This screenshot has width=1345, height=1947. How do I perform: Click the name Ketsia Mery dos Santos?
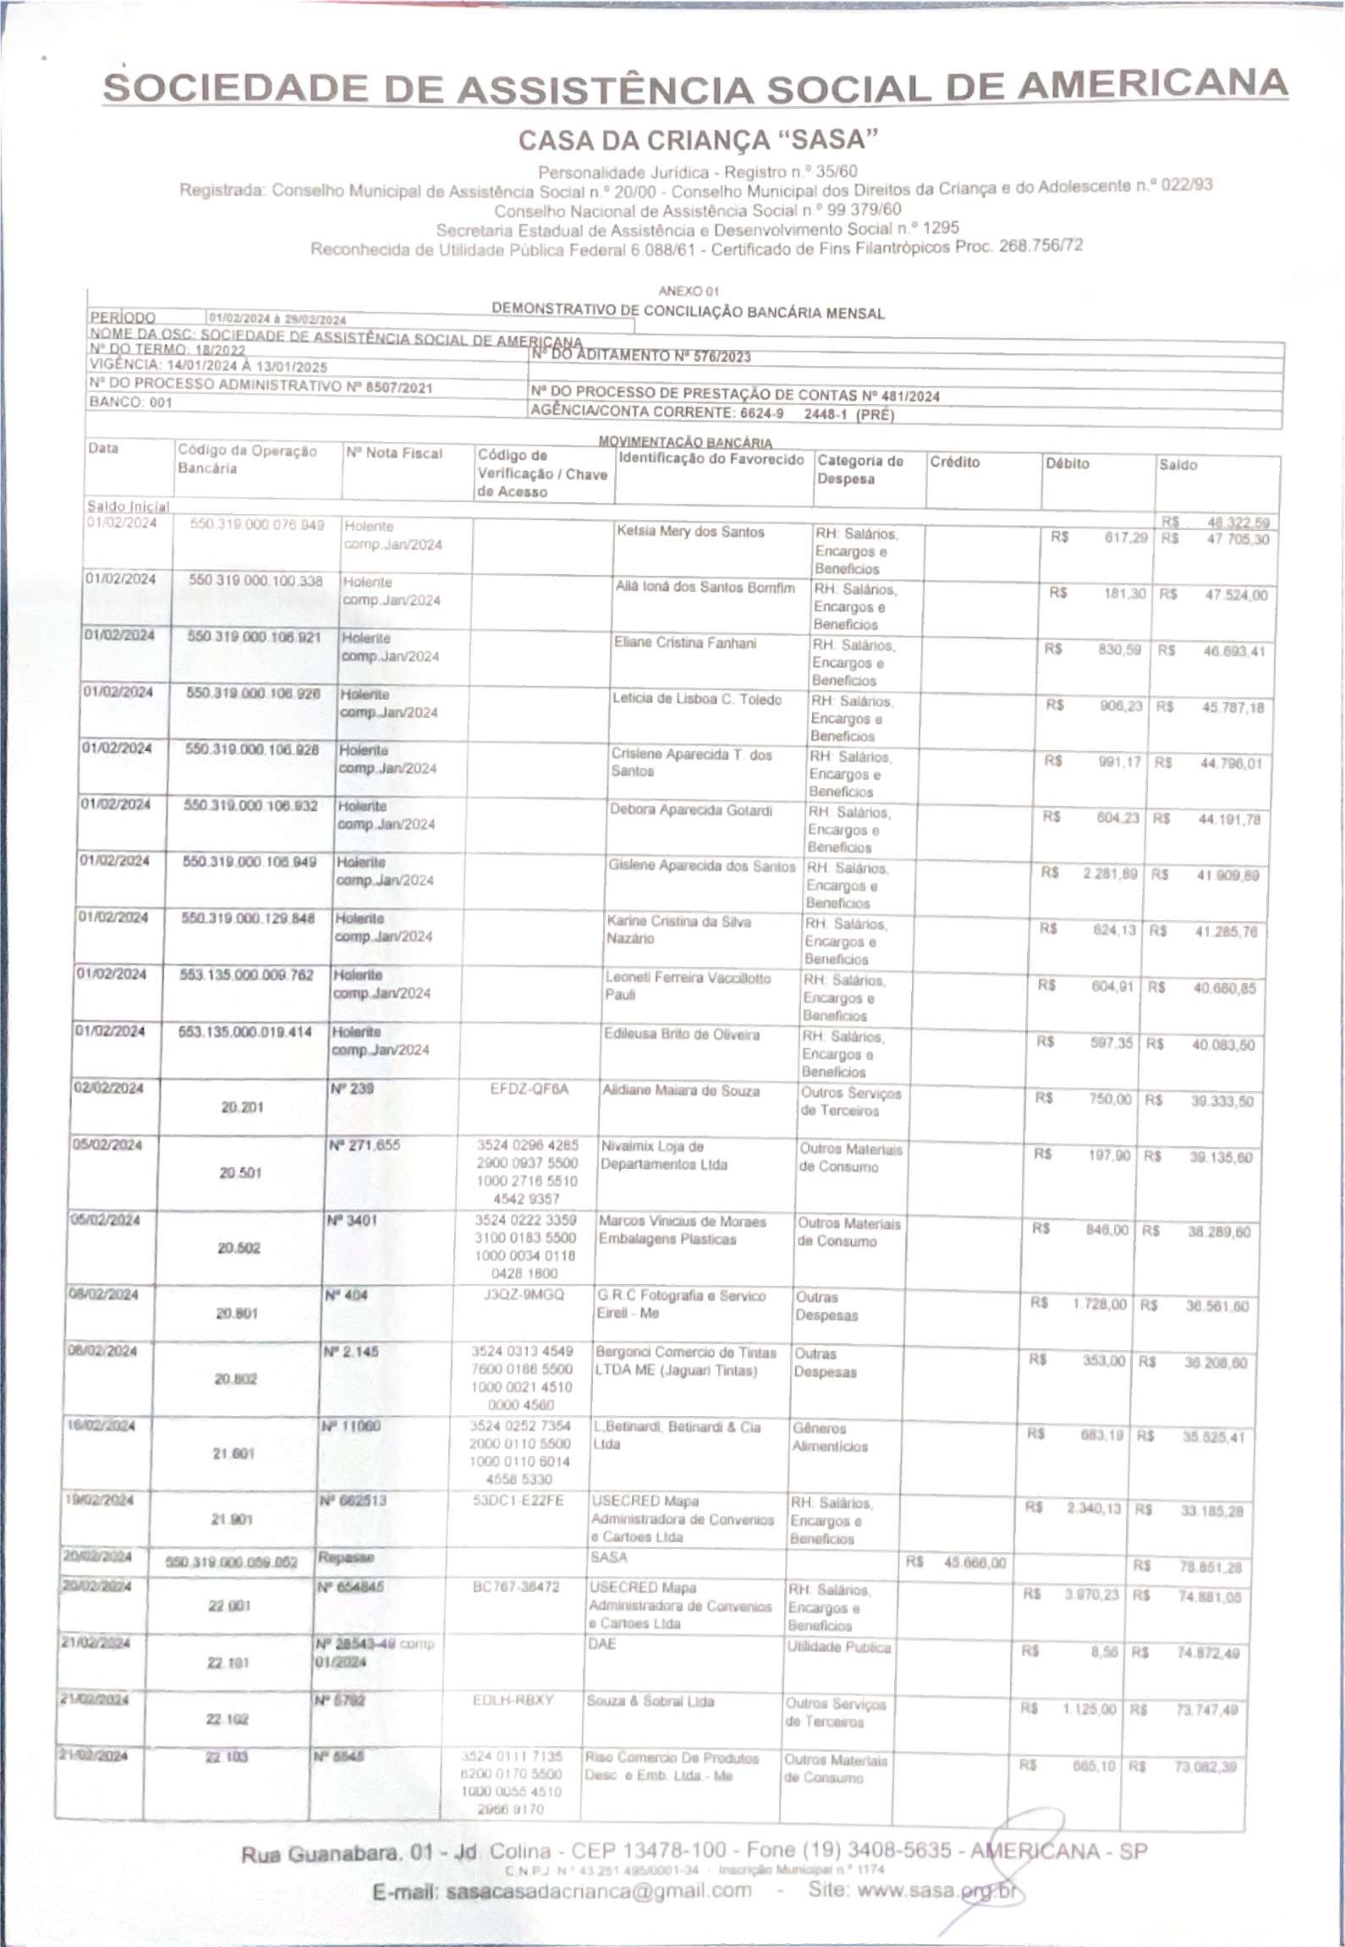pos(690,532)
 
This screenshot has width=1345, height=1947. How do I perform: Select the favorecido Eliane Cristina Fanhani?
pos(685,643)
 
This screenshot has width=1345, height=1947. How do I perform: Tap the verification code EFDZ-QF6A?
pos(529,1089)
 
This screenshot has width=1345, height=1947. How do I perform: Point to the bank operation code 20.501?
pos(240,1172)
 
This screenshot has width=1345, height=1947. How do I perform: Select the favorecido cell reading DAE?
pos(603,1643)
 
